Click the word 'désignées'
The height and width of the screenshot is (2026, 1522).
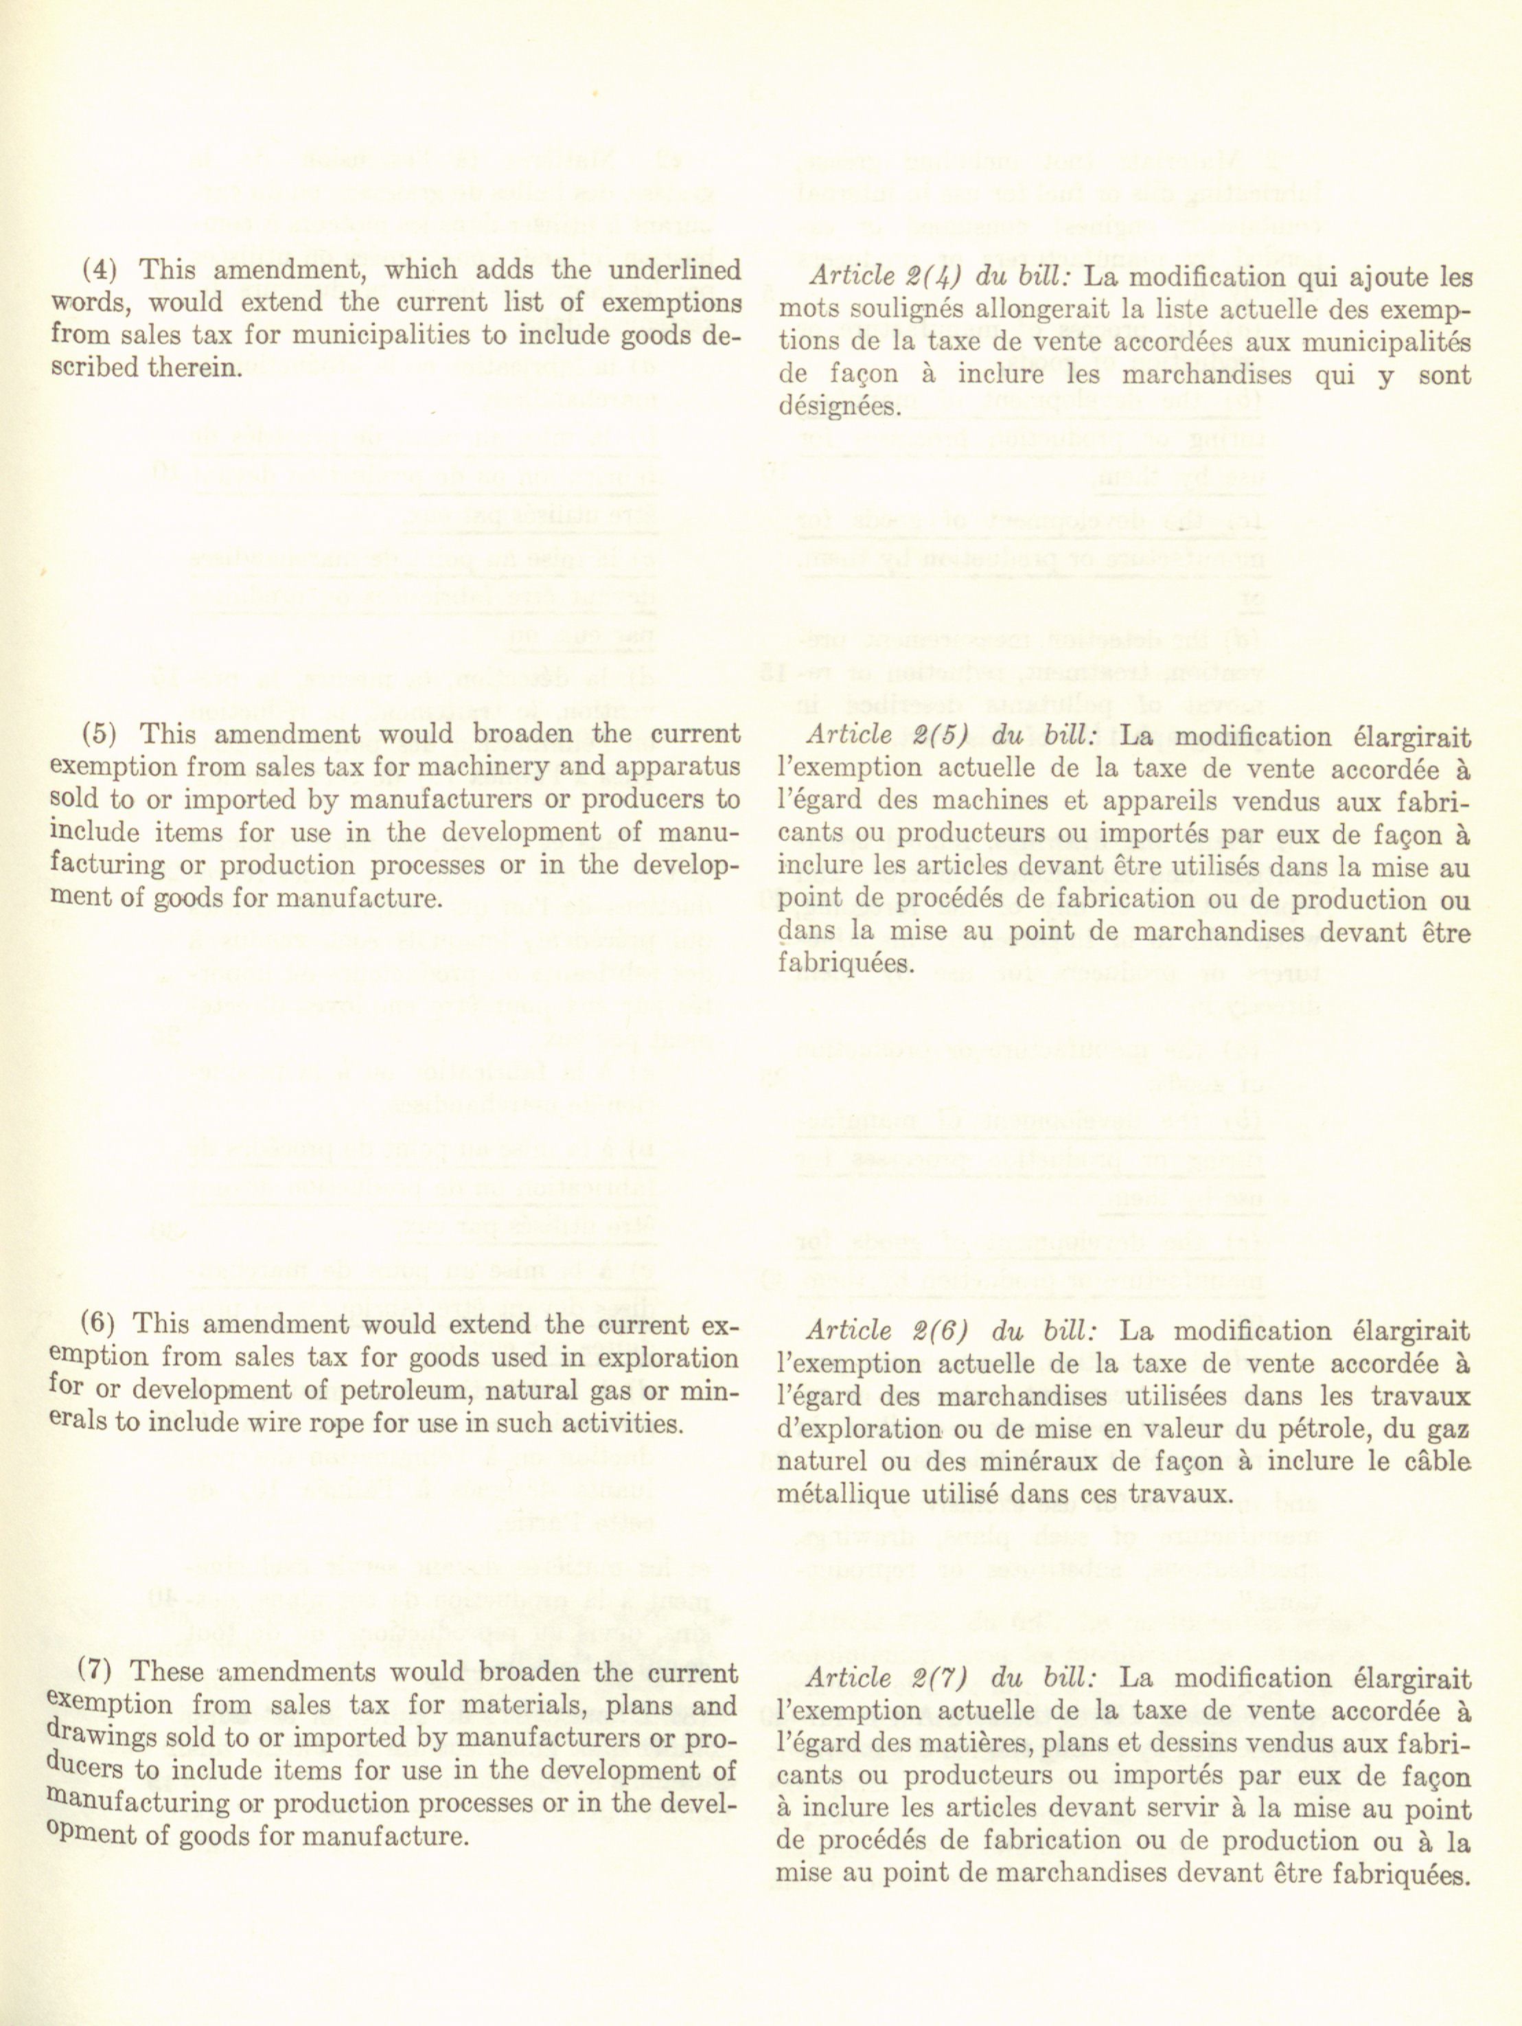pyautogui.click(x=836, y=407)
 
